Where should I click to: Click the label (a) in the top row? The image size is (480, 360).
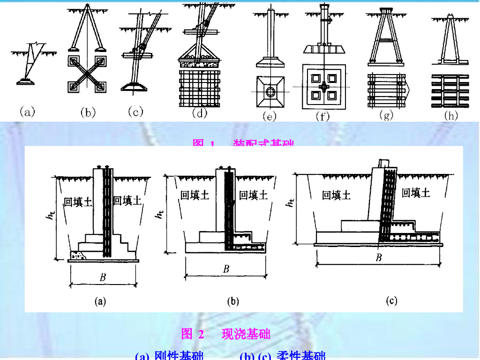(x=27, y=112)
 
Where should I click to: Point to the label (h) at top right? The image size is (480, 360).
(x=450, y=115)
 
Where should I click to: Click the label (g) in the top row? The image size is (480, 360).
(x=386, y=115)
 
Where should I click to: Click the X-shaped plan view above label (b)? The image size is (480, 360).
(x=88, y=74)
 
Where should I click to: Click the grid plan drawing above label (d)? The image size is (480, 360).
(x=200, y=87)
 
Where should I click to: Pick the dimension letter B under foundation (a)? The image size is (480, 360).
(x=103, y=277)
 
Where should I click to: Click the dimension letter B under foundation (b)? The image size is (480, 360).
(x=226, y=269)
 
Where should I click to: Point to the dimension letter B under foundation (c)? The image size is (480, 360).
(x=379, y=257)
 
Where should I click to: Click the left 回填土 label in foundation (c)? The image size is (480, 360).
(x=336, y=195)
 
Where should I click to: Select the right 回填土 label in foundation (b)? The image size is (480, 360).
(x=253, y=195)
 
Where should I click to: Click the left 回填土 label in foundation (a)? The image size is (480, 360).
(x=77, y=202)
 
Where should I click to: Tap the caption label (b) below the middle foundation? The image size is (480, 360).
(x=233, y=301)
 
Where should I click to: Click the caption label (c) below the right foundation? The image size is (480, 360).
(x=391, y=301)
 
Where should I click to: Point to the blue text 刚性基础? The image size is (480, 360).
(x=179, y=356)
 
